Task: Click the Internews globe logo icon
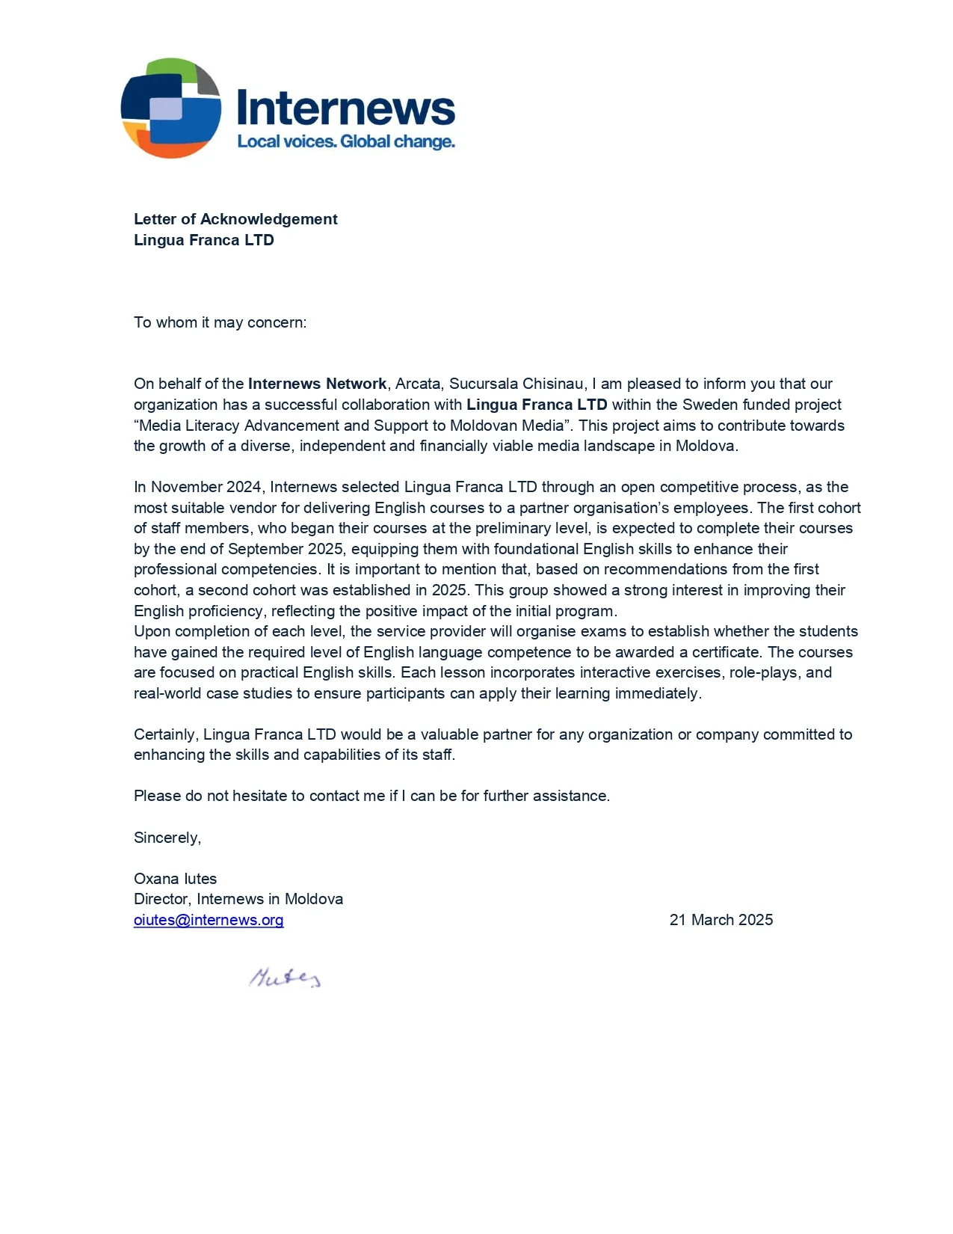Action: tap(170, 108)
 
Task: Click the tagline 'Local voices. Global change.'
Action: tap(345, 142)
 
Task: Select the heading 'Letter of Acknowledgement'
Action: tap(235, 219)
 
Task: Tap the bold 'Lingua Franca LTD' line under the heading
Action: tap(203, 240)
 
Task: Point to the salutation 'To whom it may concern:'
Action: tap(220, 322)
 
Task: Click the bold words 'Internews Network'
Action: tap(317, 384)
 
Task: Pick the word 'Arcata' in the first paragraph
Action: tap(418, 384)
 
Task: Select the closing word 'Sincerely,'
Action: tap(167, 838)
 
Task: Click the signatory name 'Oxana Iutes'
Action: tap(175, 879)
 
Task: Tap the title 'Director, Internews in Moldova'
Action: tap(238, 899)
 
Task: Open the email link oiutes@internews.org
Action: tap(209, 920)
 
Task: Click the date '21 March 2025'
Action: tap(721, 920)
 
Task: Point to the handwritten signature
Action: tap(285, 977)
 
